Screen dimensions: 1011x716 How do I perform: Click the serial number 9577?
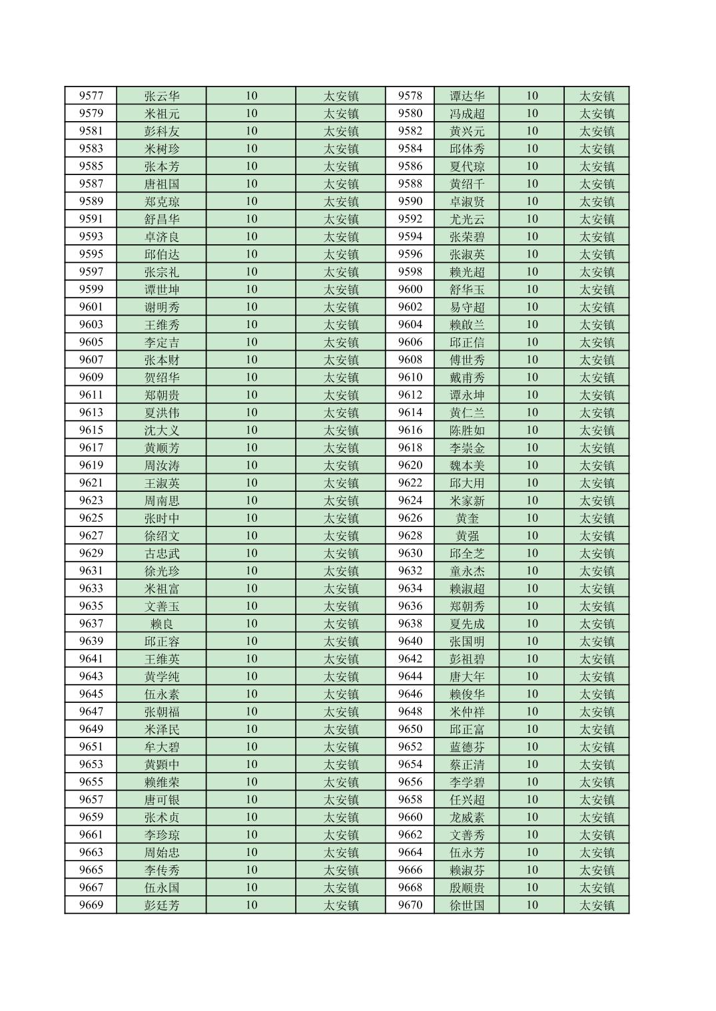click(x=91, y=96)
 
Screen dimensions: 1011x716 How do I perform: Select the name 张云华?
click(x=162, y=96)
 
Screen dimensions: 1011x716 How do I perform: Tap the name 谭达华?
click(x=467, y=96)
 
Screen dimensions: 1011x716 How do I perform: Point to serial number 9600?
click(x=410, y=289)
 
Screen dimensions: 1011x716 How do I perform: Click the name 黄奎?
click(x=467, y=518)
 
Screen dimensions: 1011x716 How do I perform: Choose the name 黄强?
click(x=467, y=536)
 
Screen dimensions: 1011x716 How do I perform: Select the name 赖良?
click(x=162, y=624)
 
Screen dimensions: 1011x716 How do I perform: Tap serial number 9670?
click(x=410, y=905)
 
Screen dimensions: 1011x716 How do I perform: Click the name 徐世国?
click(x=467, y=905)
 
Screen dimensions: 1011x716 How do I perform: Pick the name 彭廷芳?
click(x=162, y=905)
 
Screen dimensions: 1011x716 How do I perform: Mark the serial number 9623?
click(x=91, y=501)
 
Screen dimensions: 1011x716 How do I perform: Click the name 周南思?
click(x=162, y=501)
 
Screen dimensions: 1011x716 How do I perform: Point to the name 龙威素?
click(x=467, y=817)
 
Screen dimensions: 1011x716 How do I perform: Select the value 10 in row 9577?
click(x=251, y=96)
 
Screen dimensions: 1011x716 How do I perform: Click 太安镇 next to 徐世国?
click(x=596, y=905)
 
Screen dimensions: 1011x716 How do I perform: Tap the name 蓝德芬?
click(x=467, y=747)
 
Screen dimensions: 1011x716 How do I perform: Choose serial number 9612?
click(x=410, y=395)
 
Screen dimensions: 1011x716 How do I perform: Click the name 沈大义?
click(x=162, y=430)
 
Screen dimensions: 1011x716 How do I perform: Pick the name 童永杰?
click(x=467, y=571)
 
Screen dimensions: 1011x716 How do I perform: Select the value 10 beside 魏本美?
click(x=532, y=465)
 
